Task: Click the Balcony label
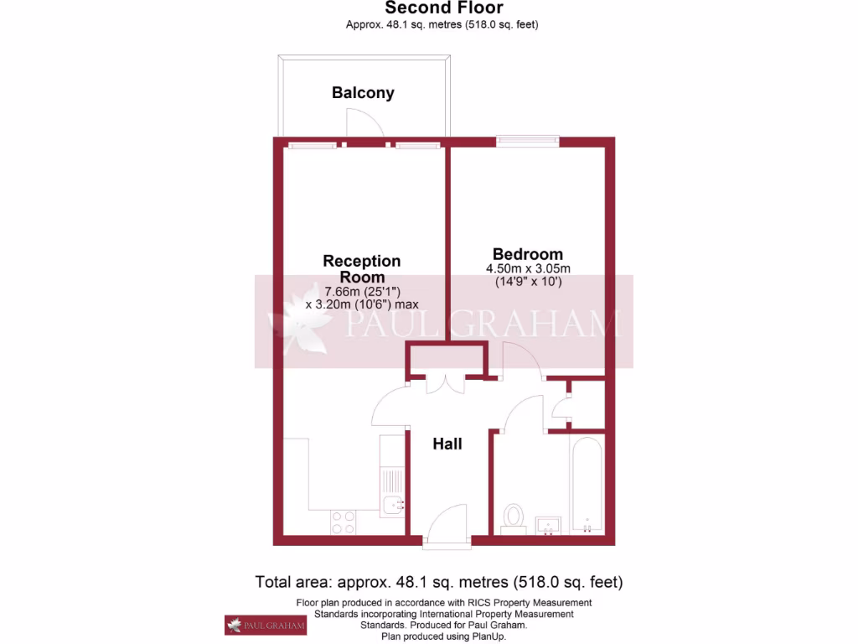tap(363, 93)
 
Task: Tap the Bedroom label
tap(527, 254)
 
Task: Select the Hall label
tap(447, 444)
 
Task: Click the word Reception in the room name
tap(362, 261)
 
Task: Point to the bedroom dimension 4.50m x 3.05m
tap(528, 268)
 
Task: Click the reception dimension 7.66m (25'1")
tap(362, 291)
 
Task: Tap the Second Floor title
tap(444, 8)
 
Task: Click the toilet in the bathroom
tap(513, 517)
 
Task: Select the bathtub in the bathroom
tap(587, 485)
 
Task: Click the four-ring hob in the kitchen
tap(343, 522)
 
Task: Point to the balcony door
tap(366, 126)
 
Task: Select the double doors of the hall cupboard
tap(446, 383)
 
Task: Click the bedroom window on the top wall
tap(528, 141)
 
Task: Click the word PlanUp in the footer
tap(486, 636)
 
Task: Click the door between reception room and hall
tap(389, 408)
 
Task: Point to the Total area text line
tap(439, 582)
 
